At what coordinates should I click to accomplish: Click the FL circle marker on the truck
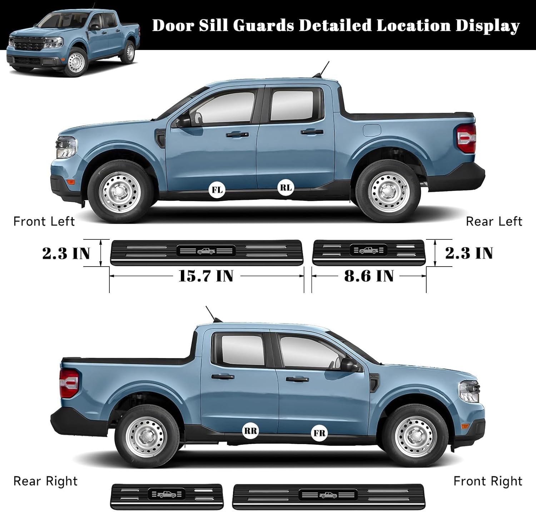pyautogui.click(x=217, y=190)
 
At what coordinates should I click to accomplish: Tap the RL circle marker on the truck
pyautogui.click(x=286, y=188)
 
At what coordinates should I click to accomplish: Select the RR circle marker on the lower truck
pyautogui.click(x=250, y=431)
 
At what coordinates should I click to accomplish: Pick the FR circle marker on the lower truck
pyautogui.click(x=319, y=433)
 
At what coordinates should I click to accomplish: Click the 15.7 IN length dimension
pyautogui.click(x=206, y=276)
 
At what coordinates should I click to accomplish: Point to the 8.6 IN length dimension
pyautogui.click(x=369, y=276)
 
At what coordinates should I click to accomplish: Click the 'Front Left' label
pyautogui.click(x=44, y=222)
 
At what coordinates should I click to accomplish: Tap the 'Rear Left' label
pyautogui.click(x=494, y=222)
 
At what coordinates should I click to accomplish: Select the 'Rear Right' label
pyautogui.click(x=45, y=481)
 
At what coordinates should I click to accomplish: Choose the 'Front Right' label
pyautogui.click(x=488, y=481)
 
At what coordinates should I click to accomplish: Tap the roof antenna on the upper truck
pyautogui.click(x=324, y=69)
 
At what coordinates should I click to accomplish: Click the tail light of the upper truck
pyautogui.click(x=467, y=138)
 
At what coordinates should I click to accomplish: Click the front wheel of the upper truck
pyautogui.click(x=119, y=193)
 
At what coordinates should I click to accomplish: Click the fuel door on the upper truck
pyautogui.click(x=372, y=130)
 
